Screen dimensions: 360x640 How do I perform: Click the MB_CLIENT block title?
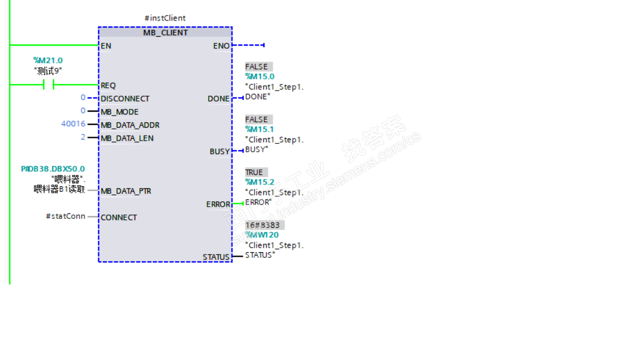pyautogui.click(x=165, y=33)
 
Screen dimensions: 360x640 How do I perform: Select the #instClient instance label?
pyautogui.click(x=165, y=18)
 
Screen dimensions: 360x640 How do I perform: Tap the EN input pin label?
pyautogui.click(x=106, y=46)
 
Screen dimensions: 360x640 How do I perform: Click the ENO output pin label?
pyautogui.click(x=221, y=46)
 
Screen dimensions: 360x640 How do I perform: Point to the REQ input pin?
pyautogui.click(x=108, y=86)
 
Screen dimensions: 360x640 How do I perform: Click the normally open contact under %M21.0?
pyautogui.click(x=48, y=84)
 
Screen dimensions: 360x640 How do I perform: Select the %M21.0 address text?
pyautogui.click(x=48, y=61)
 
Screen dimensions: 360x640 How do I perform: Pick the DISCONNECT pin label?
pyautogui.click(x=125, y=99)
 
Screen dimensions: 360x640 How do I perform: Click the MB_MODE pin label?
pyautogui.click(x=119, y=112)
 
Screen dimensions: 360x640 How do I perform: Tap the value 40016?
pyautogui.click(x=73, y=124)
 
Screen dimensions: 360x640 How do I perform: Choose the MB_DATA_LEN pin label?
pyautogui.click(x=127, y=138)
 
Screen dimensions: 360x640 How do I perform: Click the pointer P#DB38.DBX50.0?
pyautogui.click(x=53, y=169)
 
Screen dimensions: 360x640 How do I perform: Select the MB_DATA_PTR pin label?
pyautogui.click(x=126, y=191)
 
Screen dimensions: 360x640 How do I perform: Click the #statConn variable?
pyautogui.click(x=66, y=216)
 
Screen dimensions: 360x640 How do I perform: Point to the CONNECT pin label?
pyautogui.click(x=118, y=218)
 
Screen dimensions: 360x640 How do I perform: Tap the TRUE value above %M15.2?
pyautogui.click(x=254, y=172)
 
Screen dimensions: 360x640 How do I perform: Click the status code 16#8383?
pyautogui.click(x=264, y=225)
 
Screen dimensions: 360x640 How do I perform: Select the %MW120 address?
pyautogui.click(x=262, y=235)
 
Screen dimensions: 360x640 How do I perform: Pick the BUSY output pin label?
pyautogui.click(x=219, y=152)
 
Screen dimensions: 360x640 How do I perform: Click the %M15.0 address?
pyautogui.click(x=259, y=77)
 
